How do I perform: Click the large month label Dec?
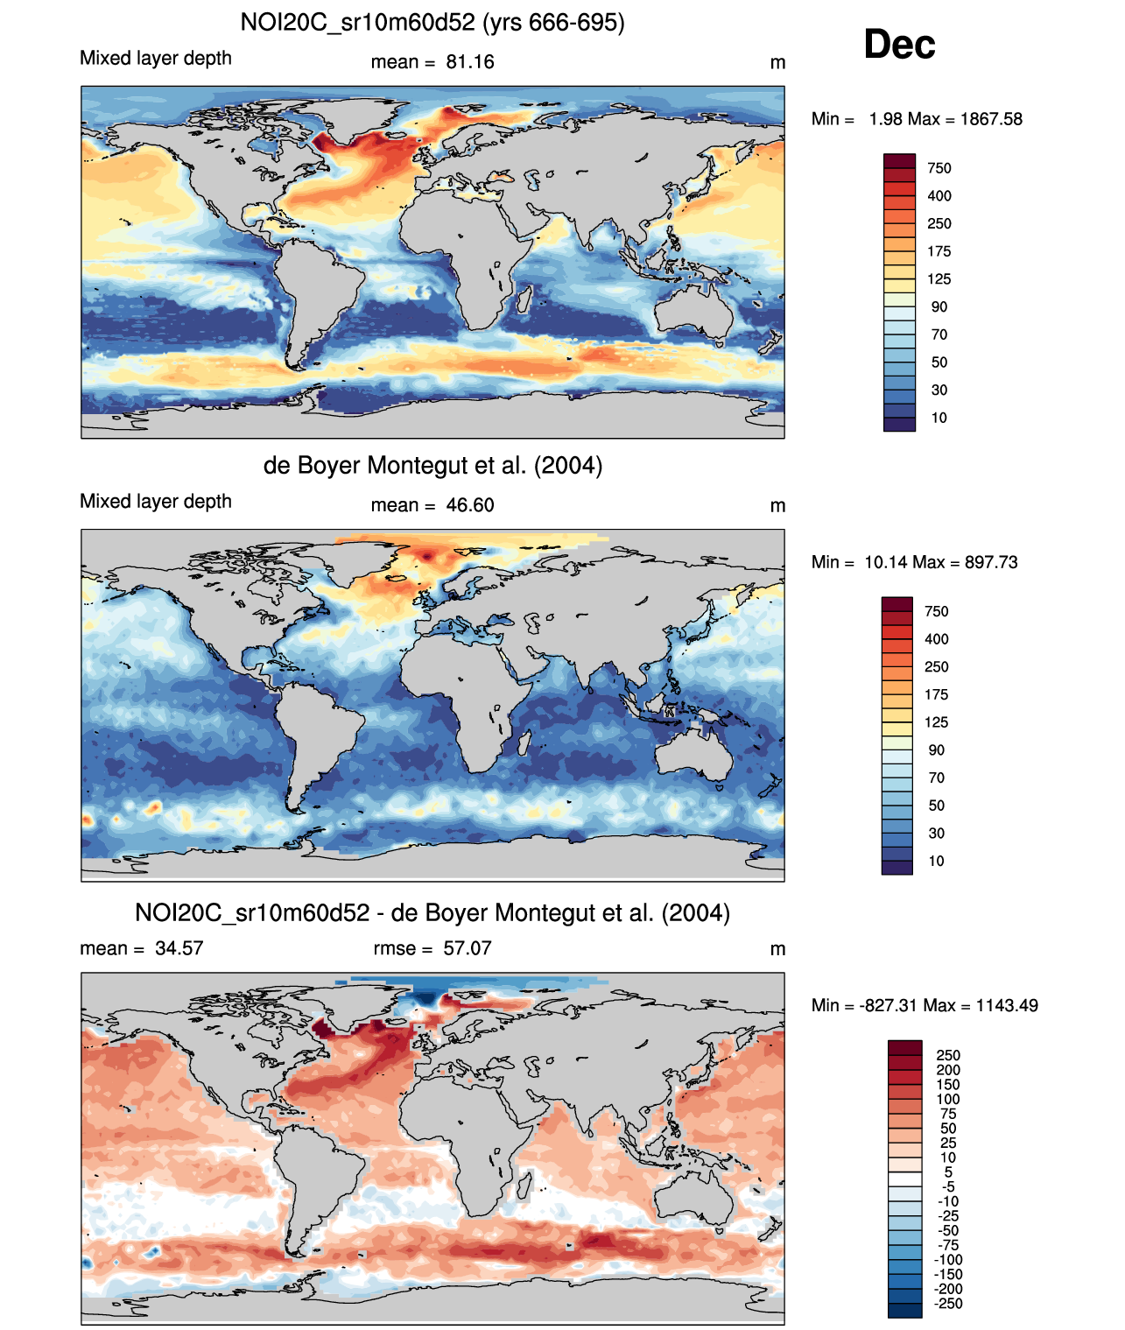click(899, 45)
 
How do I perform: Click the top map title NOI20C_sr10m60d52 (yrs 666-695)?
click(432, 22)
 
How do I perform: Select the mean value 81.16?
click(470, 62)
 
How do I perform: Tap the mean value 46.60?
click(470, 505)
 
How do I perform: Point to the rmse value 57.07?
click(468, 948)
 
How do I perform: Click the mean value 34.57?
click(179, 948)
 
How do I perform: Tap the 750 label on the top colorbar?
click(939, 168)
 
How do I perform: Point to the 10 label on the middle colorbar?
click(937, 861)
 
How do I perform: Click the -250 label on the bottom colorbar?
click(948, 1304)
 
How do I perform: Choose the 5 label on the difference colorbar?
click(948, 1172)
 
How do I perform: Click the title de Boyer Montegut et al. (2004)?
click(432, 465)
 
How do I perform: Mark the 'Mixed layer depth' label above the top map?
click(156, 59)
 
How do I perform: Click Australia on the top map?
click(695, 312)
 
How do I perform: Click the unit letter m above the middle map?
click(777, 506)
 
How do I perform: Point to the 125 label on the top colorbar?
click(939, 279)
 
